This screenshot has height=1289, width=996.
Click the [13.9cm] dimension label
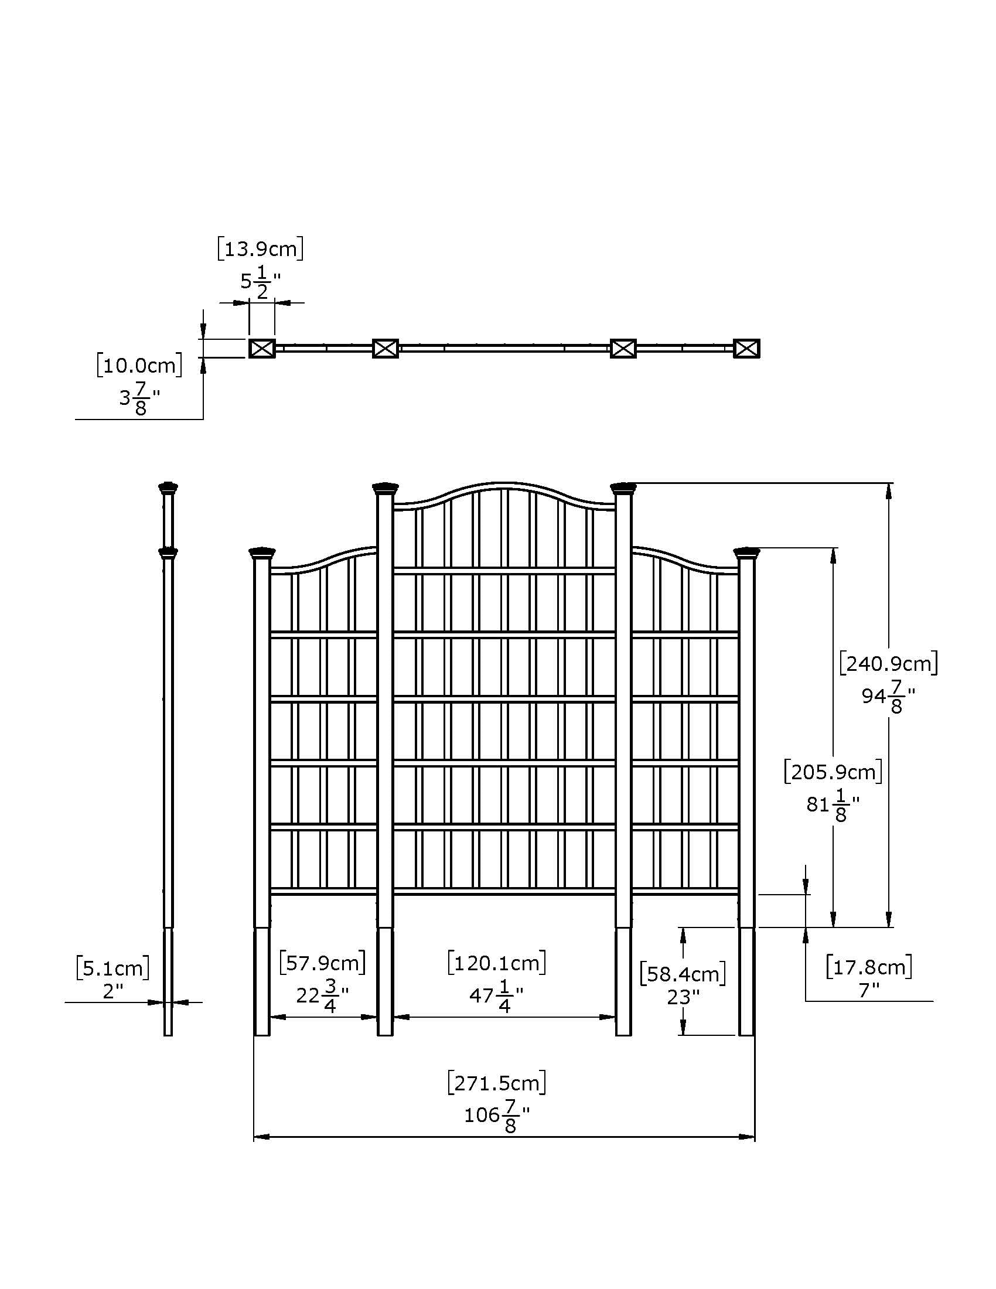coord(260,249)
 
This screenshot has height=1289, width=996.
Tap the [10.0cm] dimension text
coord(139,366)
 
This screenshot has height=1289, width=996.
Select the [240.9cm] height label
coord(888,664)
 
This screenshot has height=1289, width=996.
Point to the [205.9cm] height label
coord(833,772)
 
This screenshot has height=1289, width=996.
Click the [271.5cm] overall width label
coord(496,1083)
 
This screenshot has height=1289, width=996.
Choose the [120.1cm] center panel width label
coord(496,963)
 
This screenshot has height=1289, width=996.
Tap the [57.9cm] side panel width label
coord(322,963)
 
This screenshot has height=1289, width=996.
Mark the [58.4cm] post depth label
coord(683,974)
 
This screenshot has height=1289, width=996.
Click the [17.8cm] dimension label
coord(868,967)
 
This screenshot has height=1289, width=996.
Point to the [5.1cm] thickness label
coord(112,969)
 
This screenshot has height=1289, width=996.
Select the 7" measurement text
coord(868,990)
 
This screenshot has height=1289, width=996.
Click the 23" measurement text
coord(683,997)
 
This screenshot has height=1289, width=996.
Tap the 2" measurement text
coord(112,991)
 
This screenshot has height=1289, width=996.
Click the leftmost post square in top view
coord(262,349)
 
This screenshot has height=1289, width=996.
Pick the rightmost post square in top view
coord(746,349)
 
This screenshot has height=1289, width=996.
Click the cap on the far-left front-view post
coord(262,553)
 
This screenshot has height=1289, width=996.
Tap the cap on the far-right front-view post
coord(746,553)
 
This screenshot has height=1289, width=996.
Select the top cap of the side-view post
coord(168,487)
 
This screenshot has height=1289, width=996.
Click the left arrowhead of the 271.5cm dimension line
coord(261,1137)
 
